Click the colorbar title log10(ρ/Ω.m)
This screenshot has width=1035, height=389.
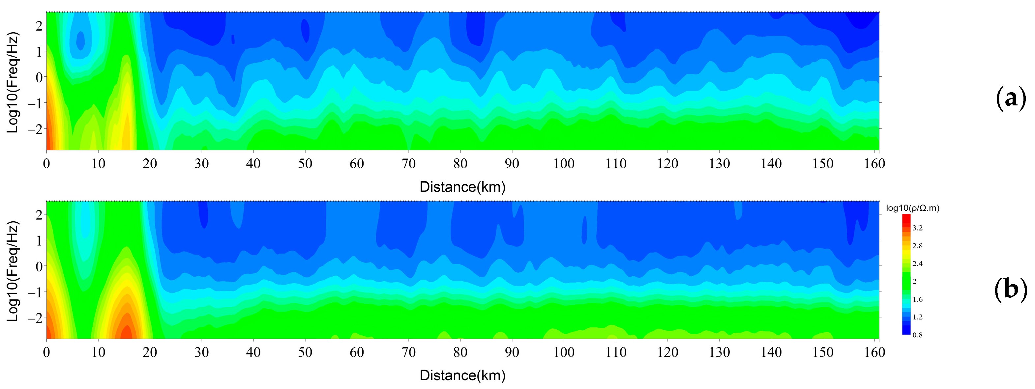point(912,208)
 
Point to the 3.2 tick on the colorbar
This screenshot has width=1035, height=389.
point(917,228)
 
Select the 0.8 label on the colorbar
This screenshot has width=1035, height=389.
point(917,335)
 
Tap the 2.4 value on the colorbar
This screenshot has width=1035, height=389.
point(917,264)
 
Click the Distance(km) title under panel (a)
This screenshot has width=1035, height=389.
point(462,187)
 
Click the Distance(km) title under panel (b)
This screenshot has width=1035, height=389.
point(462,376)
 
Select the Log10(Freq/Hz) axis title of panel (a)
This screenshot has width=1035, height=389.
point(13,82)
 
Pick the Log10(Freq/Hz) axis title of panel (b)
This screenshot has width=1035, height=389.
point(13,271)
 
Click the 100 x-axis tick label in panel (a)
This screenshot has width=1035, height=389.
point(564,164)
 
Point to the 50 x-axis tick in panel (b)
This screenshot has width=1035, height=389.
point(305,352)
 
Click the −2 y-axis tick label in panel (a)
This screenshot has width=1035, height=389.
point(35,128)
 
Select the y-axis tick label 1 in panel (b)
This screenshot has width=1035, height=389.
point(39,240)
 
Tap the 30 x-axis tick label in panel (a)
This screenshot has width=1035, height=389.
point(201,164)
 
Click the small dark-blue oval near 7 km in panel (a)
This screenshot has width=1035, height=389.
point(80,40)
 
